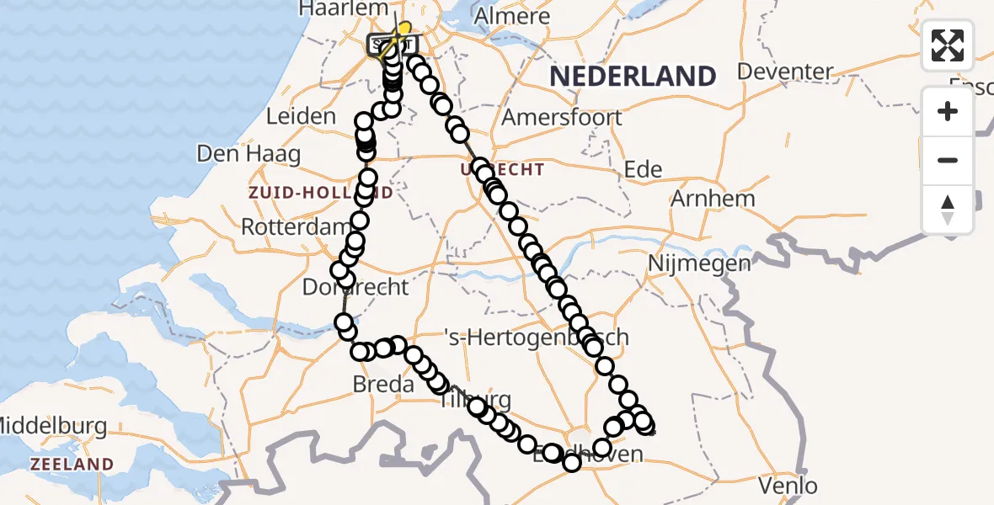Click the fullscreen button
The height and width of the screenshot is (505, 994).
[948, 45]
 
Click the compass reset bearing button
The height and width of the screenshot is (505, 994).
[948, 210]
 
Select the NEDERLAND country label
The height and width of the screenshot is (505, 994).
[633, 77]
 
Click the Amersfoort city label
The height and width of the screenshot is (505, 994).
[562, 117]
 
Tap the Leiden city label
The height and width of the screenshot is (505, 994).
[301, 116]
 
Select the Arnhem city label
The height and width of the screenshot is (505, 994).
[713, 199]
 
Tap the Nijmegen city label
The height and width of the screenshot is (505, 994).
[699, 264]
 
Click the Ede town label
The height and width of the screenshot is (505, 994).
[643, 169]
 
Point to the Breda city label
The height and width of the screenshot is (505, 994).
[384, 385]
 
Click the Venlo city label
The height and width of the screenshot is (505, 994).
[788, 486]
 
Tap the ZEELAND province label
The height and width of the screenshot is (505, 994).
[72, 464]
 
